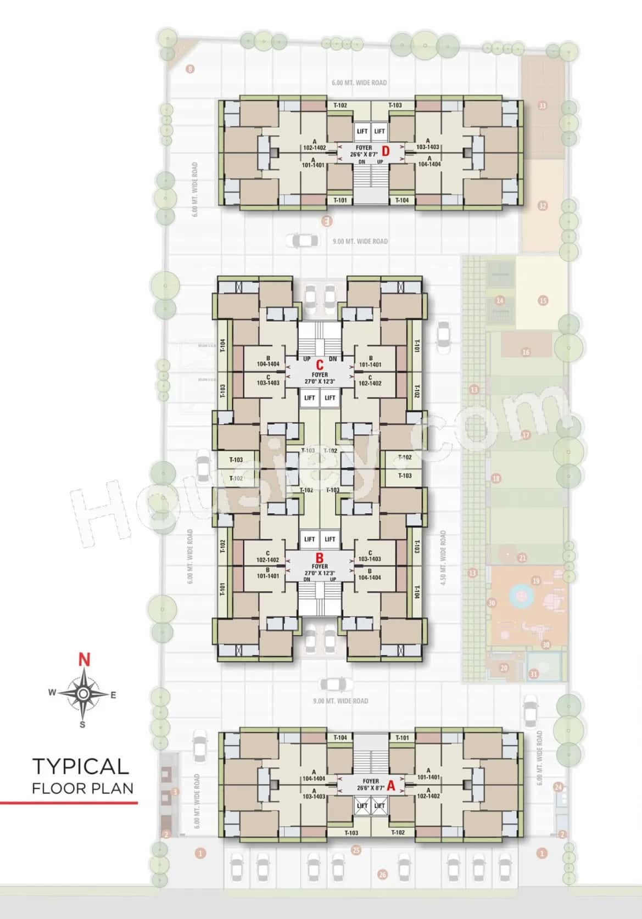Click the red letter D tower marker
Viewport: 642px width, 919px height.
[x=386, y=151]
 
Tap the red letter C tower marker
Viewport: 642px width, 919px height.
[x=320, y=365]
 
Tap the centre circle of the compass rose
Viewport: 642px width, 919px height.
[x=82, y=694]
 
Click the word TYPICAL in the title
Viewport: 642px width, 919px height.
[x=80, y=766]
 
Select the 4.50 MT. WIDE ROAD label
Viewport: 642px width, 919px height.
[x=443, y=558]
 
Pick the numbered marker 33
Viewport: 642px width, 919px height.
[x=543, y=105]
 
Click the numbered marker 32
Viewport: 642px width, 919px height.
[x=543, y=206]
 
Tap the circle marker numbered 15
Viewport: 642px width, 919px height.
[x=543, y=300]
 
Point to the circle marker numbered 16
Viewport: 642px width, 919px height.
[x=526, y=352]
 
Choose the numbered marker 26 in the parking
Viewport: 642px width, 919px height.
[x=383, y=875]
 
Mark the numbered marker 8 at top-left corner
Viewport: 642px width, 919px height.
[x=191, y=69]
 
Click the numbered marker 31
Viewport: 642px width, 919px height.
[x=533, y=674]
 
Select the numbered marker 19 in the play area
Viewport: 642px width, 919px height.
[x=536, y=581]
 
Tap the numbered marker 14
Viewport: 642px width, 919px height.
[x=500, y=300]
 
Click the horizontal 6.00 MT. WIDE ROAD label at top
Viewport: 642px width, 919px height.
[x=359, y=83]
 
